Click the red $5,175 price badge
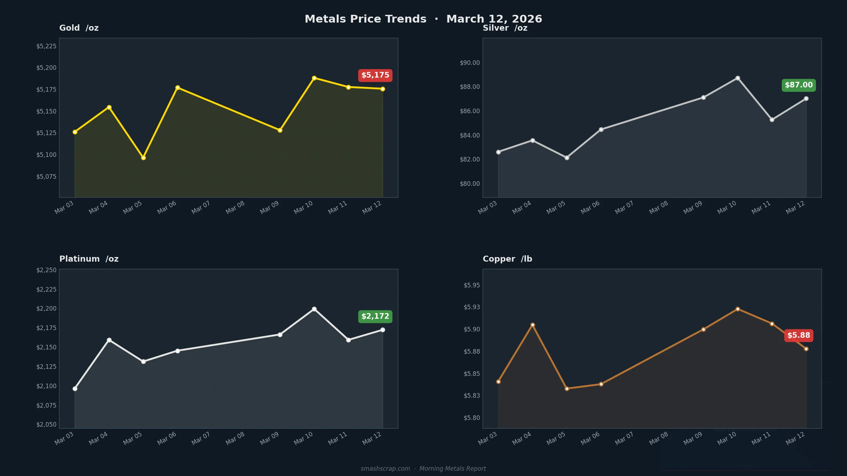pyautogui.click(x=375, y=75)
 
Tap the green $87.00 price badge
pyautogui.click(x=799, y=85)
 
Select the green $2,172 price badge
pyautogui.click(x=375, y=317)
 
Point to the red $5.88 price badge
pyautogui.click(x=799, y=336)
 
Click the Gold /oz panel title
pyautogui.click(x=79, y=28)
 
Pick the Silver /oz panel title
pyautogui.click(x=505, y=28)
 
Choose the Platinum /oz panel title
pyautogui.click(x=89, y=259)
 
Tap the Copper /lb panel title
pyautogui.click(x=507, y=259)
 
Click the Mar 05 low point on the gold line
pyautogui.click(x=143, y=158)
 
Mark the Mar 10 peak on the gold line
pyautogui.click(x=314, y=78)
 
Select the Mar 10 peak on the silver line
pyautogui.click(x=738, y=78)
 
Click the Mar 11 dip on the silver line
pyautogui.click(x=772, y=120)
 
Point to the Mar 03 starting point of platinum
pyautogui.click(x=75, y=389)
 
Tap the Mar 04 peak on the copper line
pyautogui.click(x=533, y=325)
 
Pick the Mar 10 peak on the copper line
pyautogui.click(x=738, y=309)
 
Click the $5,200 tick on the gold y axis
pyautogui.click(x=46, y=68)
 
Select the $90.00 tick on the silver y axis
pyautogui.click(x=470, y=63)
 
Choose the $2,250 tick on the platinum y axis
pyautogui.click(x=46, y=270)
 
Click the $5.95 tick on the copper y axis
pyautogui.click(x=472, y=285)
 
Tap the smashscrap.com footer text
pyautogui.click(x=385, y=469)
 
